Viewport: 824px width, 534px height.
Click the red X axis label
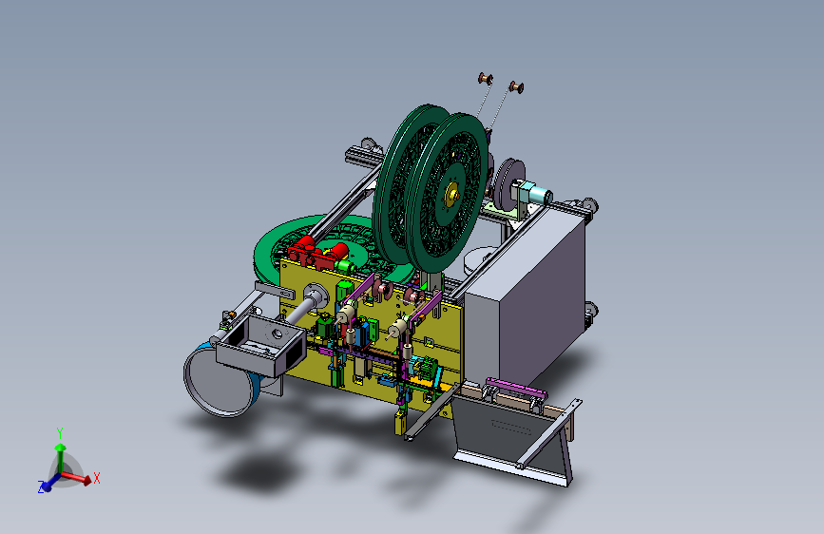tap(97, 478)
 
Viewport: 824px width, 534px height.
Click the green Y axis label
tap(60, 433)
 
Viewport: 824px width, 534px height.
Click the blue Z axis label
tap(41, 487)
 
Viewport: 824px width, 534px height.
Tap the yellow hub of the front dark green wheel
tap(451, 195)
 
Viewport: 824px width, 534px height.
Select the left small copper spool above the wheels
tap(485, 80)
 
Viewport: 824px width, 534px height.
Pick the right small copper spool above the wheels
tap(516, 87)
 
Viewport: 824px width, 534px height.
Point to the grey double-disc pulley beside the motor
tap(508, 184)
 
